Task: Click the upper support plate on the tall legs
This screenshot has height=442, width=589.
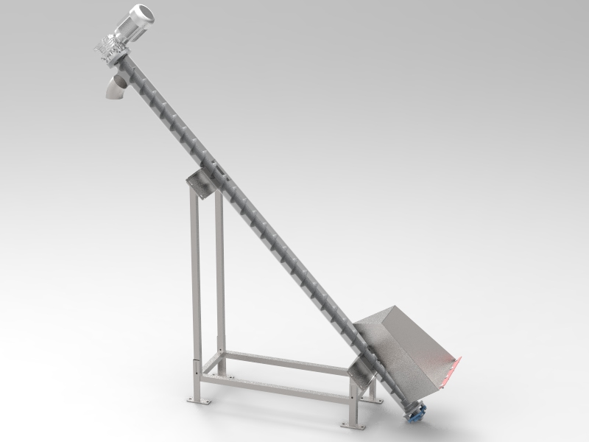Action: (x=198, y=183)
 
